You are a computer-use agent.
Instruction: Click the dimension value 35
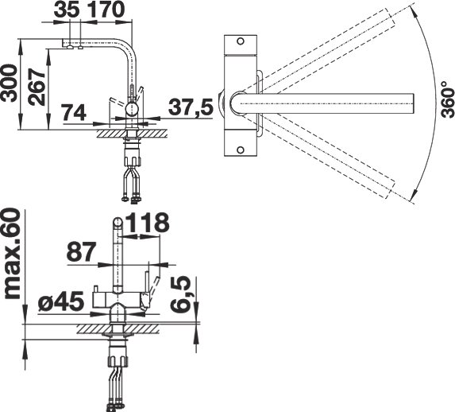click(x=67, y=10)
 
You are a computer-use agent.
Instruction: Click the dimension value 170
click(x=105, y=10)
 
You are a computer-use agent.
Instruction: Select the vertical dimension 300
click(x=9, y=84)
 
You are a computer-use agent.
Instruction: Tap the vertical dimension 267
click(x=37, y=87)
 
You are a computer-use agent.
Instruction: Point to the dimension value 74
click(x=75, y=112)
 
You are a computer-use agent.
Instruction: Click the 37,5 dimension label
click(x=191, y=107)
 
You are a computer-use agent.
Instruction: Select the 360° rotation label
click(x=447, y=99)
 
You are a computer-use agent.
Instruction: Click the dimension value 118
click(x=148, y=223)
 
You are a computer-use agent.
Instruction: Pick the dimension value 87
click(x=81, y=252)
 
